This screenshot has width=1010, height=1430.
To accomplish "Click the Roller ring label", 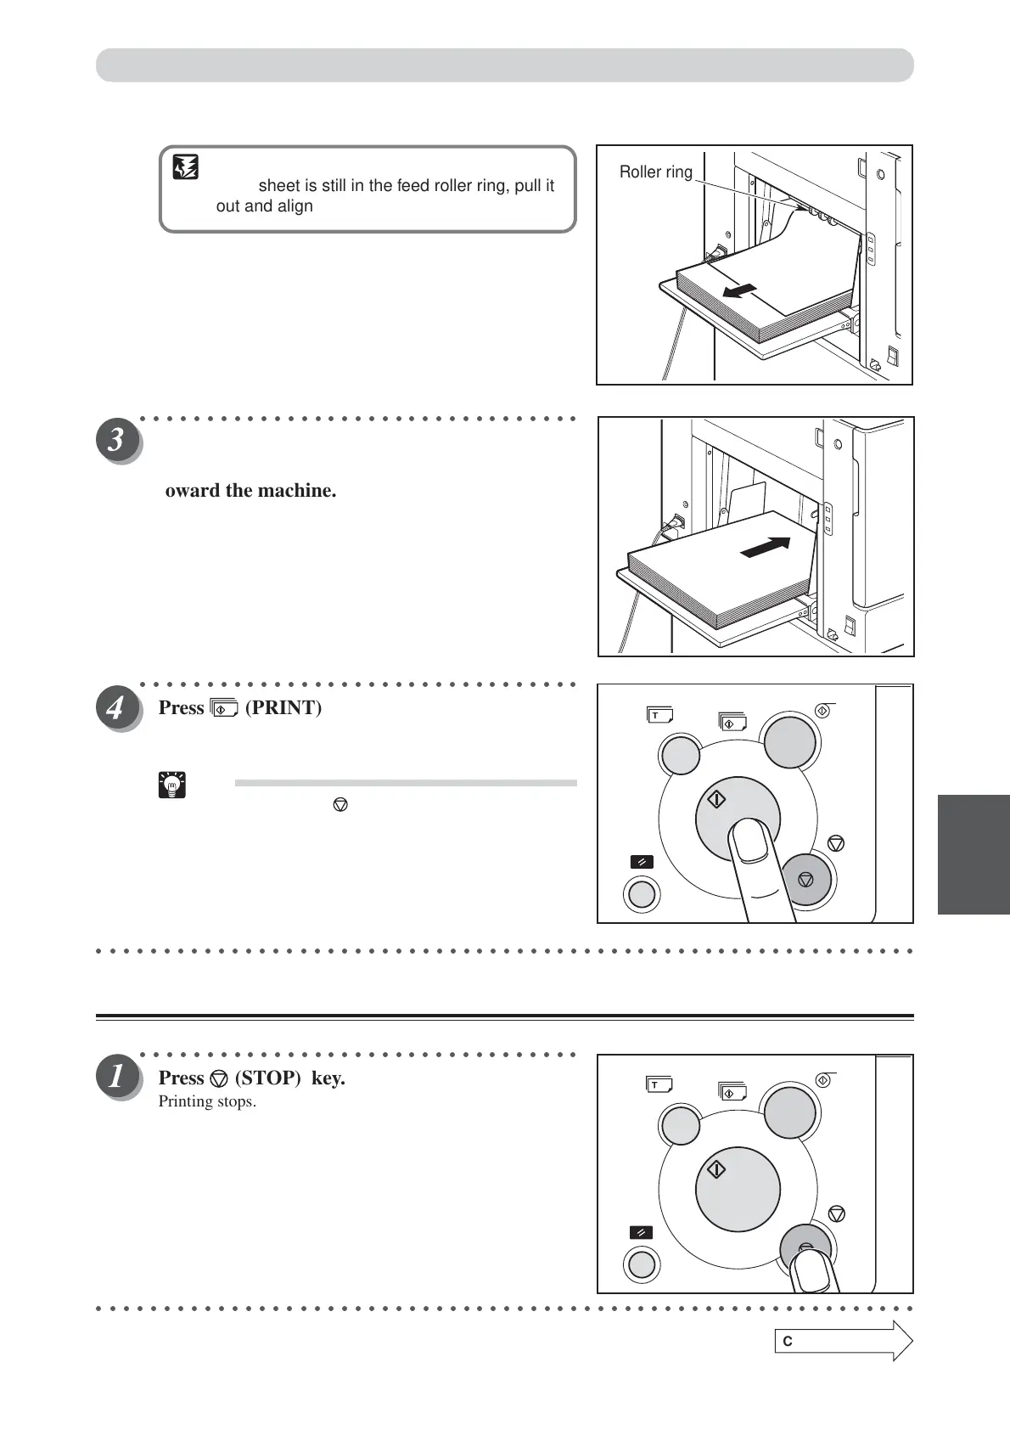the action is click(x=655, y=172).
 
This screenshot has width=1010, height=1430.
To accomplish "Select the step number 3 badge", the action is click(x=116, y=441).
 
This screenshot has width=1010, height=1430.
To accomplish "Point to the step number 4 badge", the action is click(x=116, y=707).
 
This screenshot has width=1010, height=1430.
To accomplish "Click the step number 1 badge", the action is click(x=116, y=1077).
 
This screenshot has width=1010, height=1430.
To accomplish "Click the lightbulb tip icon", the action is click(x=172, y=785).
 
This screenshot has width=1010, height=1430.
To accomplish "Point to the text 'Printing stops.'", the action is click(x=207, y=1101).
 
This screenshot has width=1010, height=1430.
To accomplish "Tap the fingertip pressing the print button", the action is click(x=751, y=842).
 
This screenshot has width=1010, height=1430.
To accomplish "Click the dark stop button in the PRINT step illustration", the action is click(x=806, y=879).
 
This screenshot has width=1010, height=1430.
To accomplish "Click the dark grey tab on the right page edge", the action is click(x=974, y=853).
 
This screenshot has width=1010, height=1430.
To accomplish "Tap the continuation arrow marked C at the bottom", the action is click(x=844, y=1341).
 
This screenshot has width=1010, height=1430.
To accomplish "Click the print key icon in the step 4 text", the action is click(x=224, y=708).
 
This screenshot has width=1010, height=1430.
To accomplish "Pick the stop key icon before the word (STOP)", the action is click(x=219, y=1078).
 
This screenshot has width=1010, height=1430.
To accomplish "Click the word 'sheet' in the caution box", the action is click(x=278, y=186).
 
